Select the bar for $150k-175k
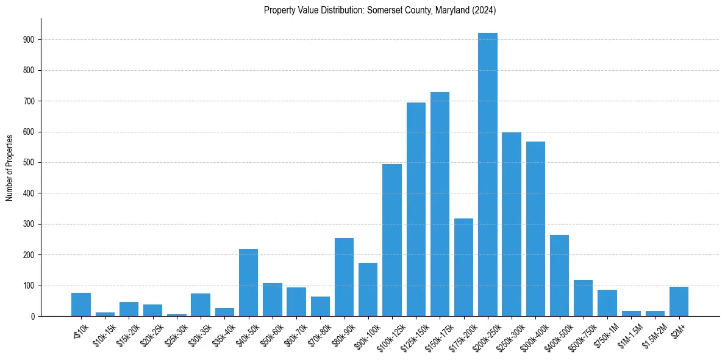pyautogui.click(x=440, y=204)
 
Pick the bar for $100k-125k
pyautogui.click(x=392, y=240)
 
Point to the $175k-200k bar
pyautogui.click(x=463, y=267)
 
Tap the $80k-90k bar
pyautogui.click(x=344, y=277)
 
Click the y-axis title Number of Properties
pyautogui.click(x=10, y=168)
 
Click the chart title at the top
pyautogui.click(x=380, y=10)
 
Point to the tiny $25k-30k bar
pyautogui.click(x=177, y=315)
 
